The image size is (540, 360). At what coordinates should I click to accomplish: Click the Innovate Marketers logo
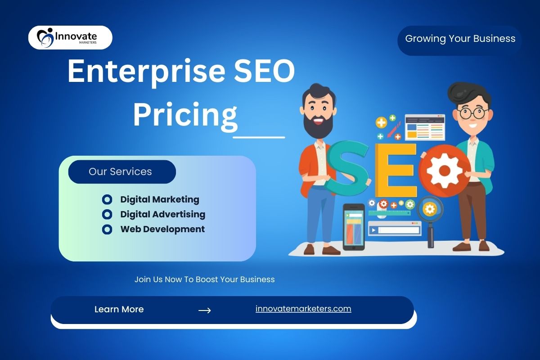(70, 38)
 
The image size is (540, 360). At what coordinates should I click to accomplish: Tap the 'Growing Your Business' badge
(459, 41)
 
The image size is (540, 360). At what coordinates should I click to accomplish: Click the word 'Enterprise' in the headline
(146, 72)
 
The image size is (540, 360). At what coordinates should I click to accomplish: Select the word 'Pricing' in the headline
(185, 115)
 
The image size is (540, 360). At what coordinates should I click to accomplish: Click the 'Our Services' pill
(122, 172)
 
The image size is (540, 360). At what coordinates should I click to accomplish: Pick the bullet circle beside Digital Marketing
(107, 200)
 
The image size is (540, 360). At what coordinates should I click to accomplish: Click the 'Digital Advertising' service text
(163, 214)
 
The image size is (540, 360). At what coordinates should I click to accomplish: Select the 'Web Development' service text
(162, 229)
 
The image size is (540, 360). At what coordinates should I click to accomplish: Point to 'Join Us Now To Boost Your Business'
(204, 279)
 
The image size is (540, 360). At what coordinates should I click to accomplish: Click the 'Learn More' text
(119, 309)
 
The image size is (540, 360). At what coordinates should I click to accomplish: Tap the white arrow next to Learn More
(204, 310)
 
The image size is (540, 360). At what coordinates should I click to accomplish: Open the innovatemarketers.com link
(303, 309)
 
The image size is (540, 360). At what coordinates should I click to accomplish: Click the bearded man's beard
(318, 126)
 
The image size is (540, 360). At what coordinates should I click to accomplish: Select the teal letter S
(347, 168)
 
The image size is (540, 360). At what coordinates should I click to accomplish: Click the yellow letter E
(396, 170)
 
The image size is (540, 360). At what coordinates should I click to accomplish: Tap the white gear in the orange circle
(445, 171)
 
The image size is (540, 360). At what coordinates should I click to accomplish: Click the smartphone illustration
(354, 227)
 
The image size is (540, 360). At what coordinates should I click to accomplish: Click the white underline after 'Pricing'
(259, 137)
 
